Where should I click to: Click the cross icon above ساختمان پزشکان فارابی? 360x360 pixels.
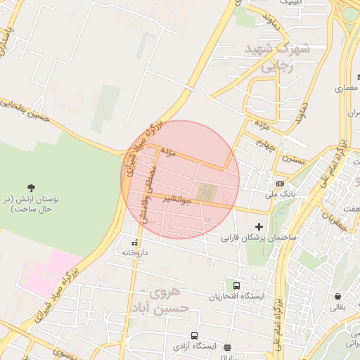pos(259,226)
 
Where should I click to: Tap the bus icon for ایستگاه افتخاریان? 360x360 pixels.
pos(237,286)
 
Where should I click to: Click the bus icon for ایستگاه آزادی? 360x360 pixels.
pos(194,336)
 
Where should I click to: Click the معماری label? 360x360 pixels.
pos(347,89)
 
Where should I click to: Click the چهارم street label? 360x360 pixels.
pos(264,143)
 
